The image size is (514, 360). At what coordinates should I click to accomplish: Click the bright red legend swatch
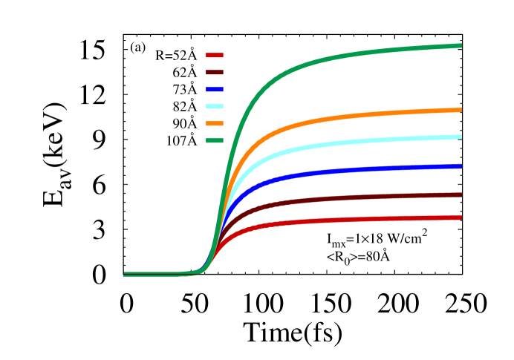[x=215, y=55]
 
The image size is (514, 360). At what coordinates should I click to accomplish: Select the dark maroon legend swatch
[x=215, y=72]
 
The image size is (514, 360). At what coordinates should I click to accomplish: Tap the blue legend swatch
[x=215, y=89]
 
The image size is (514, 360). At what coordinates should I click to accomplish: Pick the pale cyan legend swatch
[x=215, y=106]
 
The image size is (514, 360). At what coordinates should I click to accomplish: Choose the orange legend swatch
[x=215, y=123]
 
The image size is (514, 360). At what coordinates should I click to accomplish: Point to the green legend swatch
[x=215, y=140]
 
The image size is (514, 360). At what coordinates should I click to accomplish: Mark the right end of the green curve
[x=461, y=46]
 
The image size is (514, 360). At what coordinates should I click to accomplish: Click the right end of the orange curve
[x=461, y=110]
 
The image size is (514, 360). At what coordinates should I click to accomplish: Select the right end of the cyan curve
[x=461, y=137]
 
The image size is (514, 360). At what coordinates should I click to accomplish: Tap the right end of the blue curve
[x=461, y=166]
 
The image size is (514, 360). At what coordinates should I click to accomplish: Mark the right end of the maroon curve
[x=461, y=195]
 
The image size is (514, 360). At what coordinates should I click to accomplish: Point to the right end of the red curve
[x=461, y=218]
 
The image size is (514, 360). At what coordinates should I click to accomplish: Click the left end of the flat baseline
[x=125, y=274]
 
